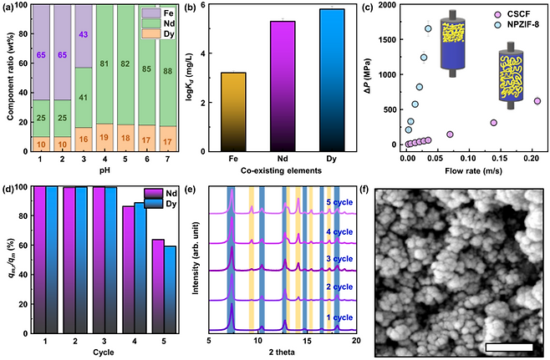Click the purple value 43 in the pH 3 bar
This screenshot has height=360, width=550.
coord(84,34)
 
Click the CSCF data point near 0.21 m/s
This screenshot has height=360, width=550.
coord(537,101)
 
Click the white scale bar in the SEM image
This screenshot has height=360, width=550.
coord(509,345)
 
